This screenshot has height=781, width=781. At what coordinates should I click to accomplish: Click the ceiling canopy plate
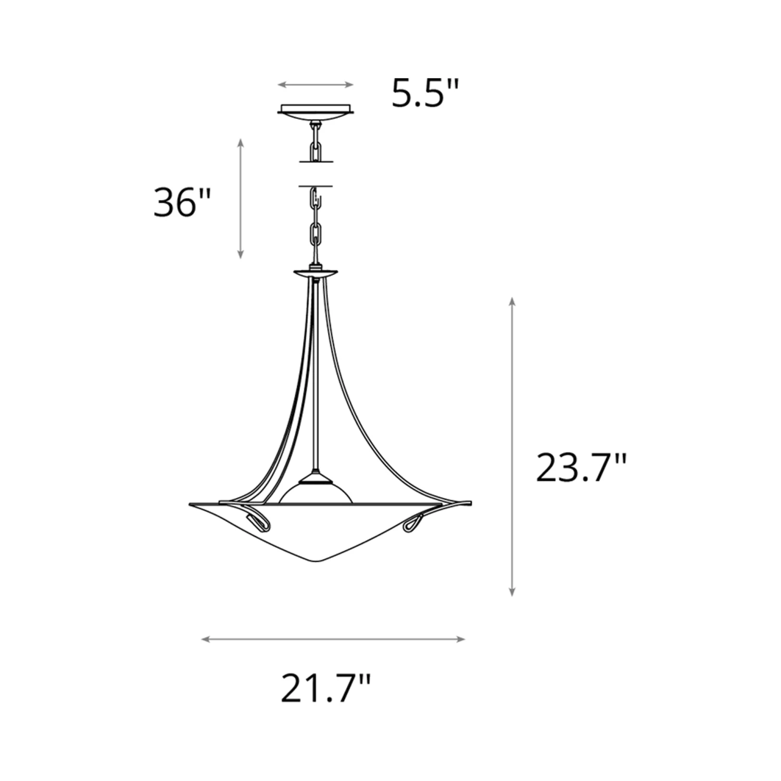point(316,111)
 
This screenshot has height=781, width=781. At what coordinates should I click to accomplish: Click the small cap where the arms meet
point(316,272)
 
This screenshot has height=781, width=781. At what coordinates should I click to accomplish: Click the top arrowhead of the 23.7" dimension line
point(512,300)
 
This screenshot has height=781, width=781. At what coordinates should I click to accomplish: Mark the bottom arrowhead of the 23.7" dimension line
point(512,592)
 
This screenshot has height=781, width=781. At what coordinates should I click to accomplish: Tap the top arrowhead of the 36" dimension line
point(240,142)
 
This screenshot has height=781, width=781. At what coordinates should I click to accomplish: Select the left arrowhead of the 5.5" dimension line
point(281,84)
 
